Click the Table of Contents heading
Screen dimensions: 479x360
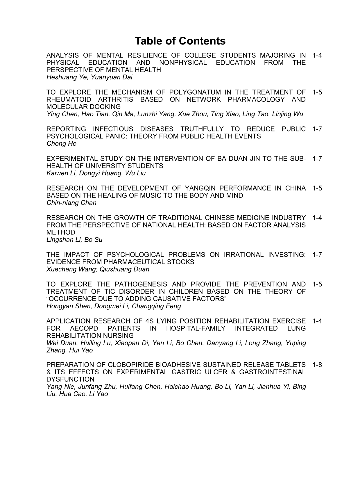click(180, 41)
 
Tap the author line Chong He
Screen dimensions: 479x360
click(61, 144)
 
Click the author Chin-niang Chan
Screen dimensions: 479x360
click(71, 203)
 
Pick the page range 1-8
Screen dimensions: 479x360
click(317, 365)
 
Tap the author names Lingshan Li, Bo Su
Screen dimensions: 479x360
click(74, 240)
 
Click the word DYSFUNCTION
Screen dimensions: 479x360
click(70, 379)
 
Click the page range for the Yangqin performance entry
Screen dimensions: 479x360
click(317, 188)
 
